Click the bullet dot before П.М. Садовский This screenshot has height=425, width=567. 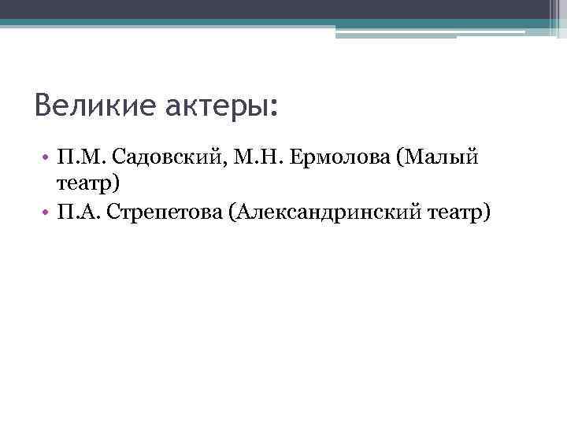coord(47,159)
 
